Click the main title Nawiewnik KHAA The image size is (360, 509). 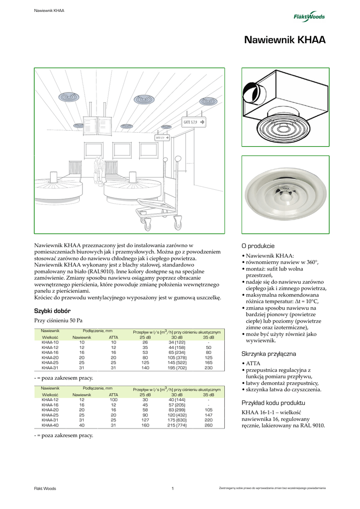pos(285,41)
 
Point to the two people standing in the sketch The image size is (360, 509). pos(99,169)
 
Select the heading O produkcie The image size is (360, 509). pos(258,246)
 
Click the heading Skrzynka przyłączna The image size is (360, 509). pos(268,353)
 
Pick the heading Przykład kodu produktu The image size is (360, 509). pos(273,403)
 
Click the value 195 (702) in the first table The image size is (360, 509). pos(177,368)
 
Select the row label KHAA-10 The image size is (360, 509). pos(50,342)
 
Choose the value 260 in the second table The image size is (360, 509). pos(209,425)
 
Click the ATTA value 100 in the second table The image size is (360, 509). pos(113,400)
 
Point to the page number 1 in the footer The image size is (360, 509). pos(172,488)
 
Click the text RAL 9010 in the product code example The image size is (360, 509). pos(312,425)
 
